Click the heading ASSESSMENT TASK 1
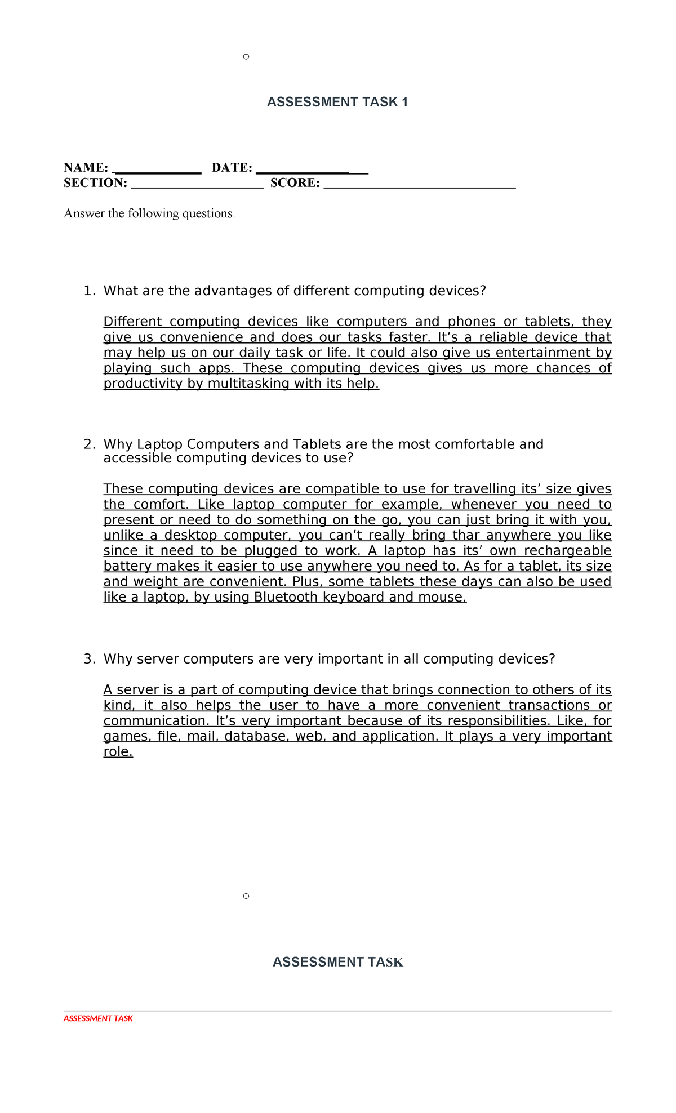coord(337,102)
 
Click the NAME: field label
coord(86,167)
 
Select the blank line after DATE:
coord(312,168)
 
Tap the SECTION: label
coord(95,182)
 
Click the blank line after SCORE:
coord(420,184)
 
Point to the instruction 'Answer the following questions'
coord(149,213)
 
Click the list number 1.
coord(88,291)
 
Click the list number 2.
coord(88,444)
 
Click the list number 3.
coord(88,659)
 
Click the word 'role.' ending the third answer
coord(118,752)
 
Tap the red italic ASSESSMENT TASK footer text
coord(98,1018)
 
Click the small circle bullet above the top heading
coord(246,56)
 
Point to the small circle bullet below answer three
coord(246,896)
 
